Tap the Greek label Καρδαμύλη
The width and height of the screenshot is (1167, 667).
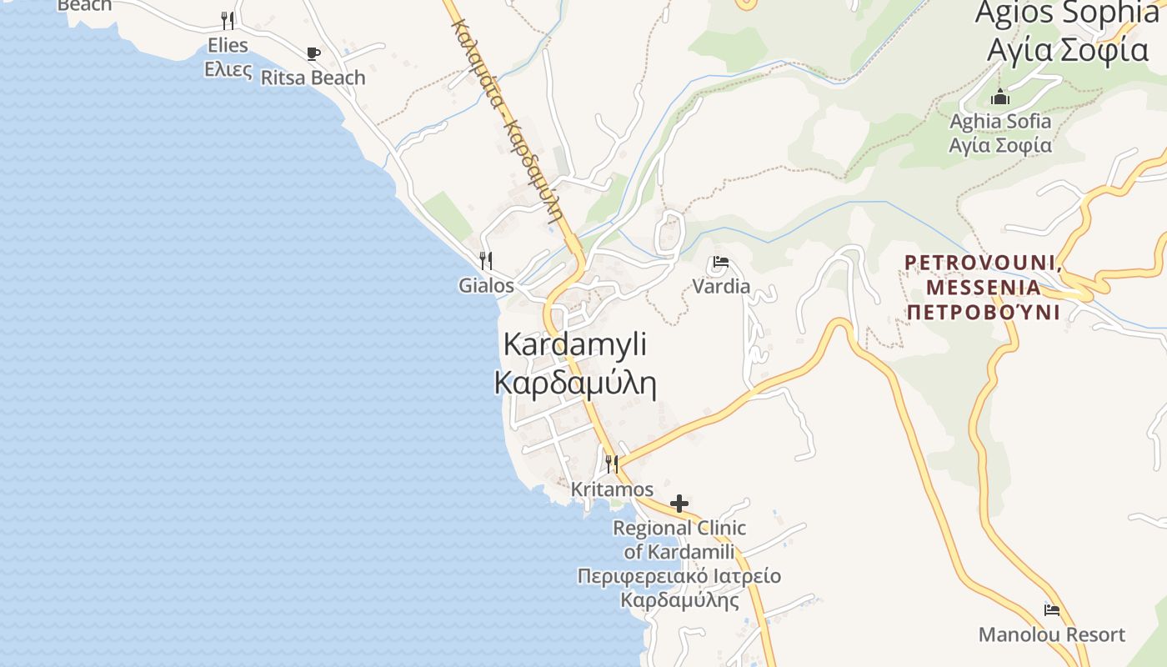(x=575, y=384)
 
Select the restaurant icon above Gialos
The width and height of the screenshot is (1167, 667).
(x=486, y=261)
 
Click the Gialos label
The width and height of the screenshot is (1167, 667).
(x=486, y=286)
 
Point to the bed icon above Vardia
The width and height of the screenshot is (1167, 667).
(x=721, y=263)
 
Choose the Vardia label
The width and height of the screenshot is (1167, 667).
(x=721, y=287)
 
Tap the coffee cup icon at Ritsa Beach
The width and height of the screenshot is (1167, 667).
(x=313, y=54)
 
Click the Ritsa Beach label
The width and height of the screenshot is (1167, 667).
(x=313, y=78)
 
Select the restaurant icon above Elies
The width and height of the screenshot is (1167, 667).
(x=228, y=21)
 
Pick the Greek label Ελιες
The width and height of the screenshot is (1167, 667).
(x=228, y=70)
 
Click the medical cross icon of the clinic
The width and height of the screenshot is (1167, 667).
(x=679, y=503)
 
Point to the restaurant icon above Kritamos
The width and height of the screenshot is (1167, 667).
(x=612, y=464)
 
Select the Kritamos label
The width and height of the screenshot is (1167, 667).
(x=612, y=489)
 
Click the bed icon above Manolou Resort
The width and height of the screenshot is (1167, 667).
(x=1052, y=610)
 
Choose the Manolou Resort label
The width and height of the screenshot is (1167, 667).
(x=1052, y=634)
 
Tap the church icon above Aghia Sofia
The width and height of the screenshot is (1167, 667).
(x=1000, y=97)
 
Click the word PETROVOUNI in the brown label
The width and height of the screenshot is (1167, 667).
(x=981, y=263)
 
